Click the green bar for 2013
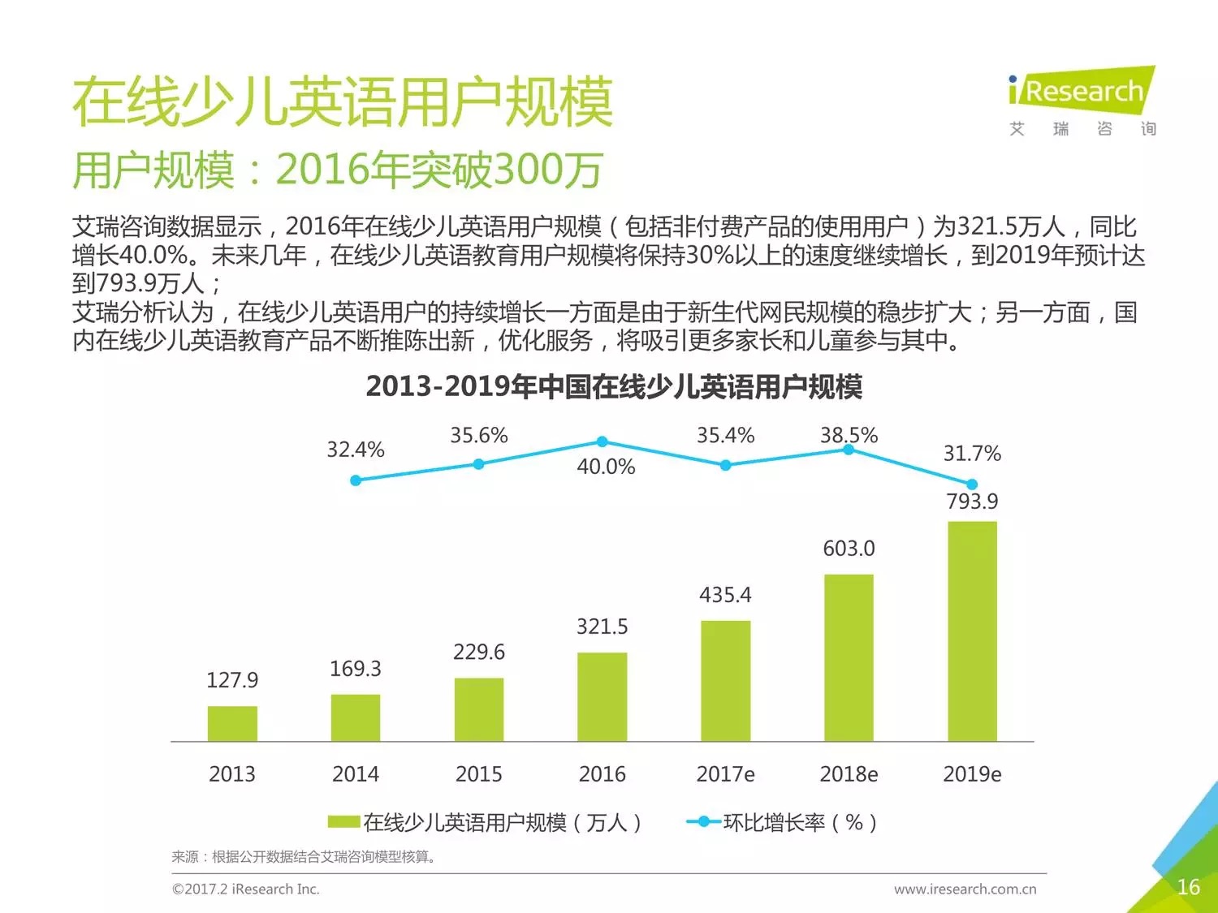coord(232,723)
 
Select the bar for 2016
coord(603,696)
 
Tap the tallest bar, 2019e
coord(972,631)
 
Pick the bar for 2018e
coord(849,657)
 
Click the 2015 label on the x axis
coord(478,774)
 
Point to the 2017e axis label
coord(725,774)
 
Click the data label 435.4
coord(725,595)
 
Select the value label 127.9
coord(232,680)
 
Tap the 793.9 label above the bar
coord(972,502)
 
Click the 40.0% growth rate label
coord(606,467)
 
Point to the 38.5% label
coord(849,436)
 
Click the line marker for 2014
coord(356,480)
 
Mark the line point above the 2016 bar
coord(603,441)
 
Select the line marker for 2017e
coord(725,465)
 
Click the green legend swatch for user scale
coord(343,822)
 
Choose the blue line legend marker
coord(703,822)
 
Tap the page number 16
coord(1188,887)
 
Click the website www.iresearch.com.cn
coord(965,889)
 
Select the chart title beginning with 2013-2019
coord(614,386)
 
